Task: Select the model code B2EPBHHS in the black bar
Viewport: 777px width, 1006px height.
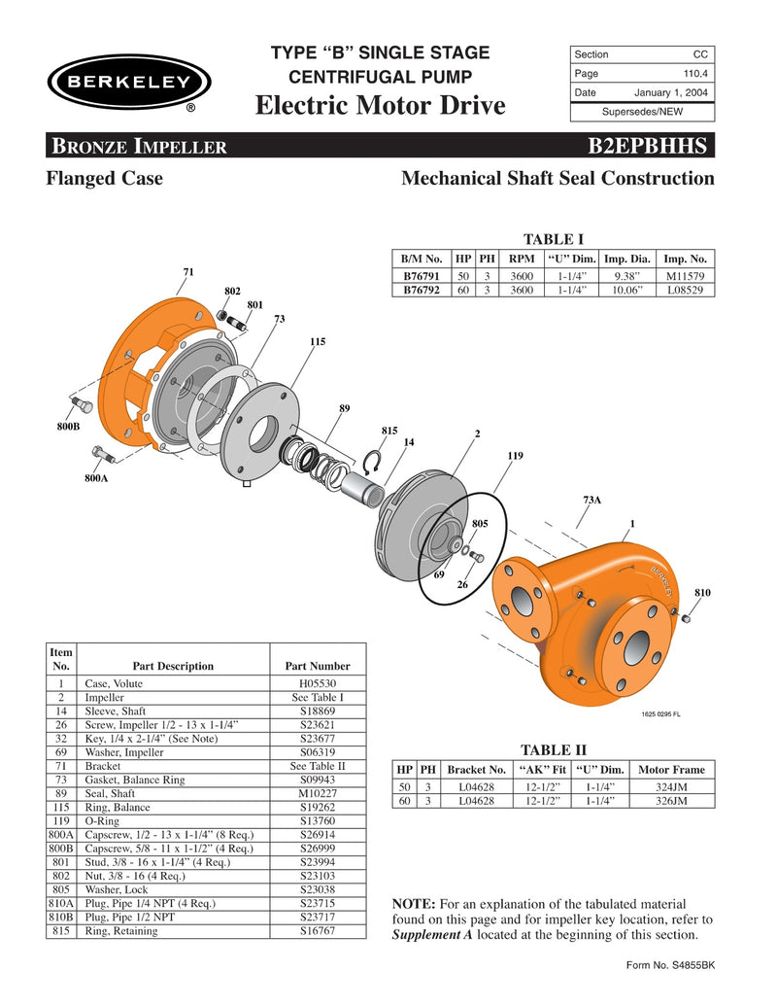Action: pyautogui.click(x=650, y=147)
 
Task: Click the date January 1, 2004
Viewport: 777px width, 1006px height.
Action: pyautogui.click(x=671, y=92)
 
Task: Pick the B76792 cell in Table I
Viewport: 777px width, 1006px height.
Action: pyautogui.click(x=422, y=290)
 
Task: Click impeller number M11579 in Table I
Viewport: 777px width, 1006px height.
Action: pyautogui.click(x=686, y=276)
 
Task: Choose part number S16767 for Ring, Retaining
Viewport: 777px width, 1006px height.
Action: pyautogui.click(x=317, y=929)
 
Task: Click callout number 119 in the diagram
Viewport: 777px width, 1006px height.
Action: pyautogui.click(x=516, y=455)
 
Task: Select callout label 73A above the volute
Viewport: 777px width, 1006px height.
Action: pyautogui.click(x=591, y=500)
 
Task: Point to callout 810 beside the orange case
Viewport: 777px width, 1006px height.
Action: pyautogui.click(x=702, y=591)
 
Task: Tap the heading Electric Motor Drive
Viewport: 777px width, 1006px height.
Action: pyautogui.click(x=380, y=105)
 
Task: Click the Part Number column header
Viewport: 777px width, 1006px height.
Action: pyautogui.click(x=317, y=666)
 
